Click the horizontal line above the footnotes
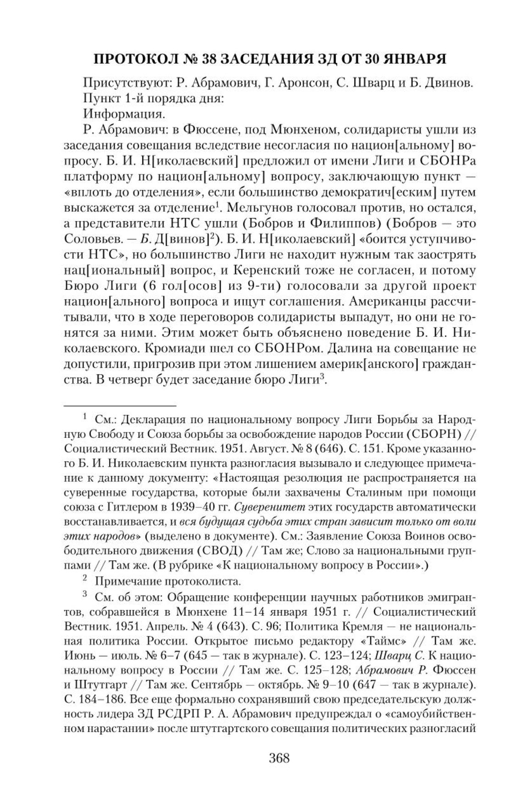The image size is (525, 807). click(120, 405)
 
